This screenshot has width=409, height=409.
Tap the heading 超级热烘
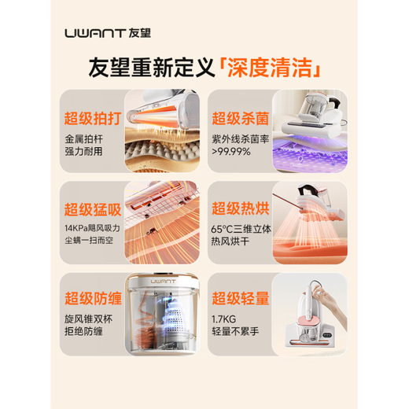tap(239, 212)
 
